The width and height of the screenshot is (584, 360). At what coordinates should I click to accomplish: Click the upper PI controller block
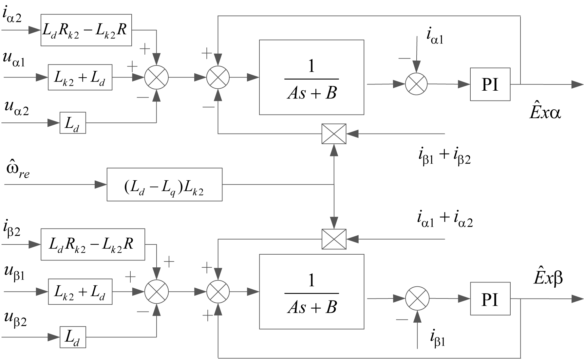pyautogui.click(x=490, y=84)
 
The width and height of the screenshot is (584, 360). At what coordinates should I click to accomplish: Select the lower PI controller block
pyautogui.click(x=490, y=298)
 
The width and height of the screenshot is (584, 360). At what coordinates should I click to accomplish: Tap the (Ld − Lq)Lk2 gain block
pyautogui.click(x=164, y=184)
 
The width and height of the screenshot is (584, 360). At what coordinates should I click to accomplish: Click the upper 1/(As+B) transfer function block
pyautogui.click(x=311, y=77)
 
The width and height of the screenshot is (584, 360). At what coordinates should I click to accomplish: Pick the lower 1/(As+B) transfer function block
pyautogui.click(x=311, y=292)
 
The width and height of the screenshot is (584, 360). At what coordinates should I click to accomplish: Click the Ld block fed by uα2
pyautogui.click(x=73, y=123)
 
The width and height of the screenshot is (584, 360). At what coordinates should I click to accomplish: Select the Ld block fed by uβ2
pyautogui.click(x=73, y=337)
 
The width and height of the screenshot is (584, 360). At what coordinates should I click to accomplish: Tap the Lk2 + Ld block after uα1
pyautogui.click(x=80, y=77)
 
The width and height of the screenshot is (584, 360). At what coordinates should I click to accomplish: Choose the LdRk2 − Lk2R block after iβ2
pyautogui.click(x=93, y=244)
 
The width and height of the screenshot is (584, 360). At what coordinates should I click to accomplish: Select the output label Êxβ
pyautogui.click(x=547, y=278)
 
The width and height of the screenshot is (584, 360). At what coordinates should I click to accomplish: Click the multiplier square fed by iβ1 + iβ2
pyautogui.click(x=334, y=134)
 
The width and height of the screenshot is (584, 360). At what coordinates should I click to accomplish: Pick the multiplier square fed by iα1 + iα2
pyautogui.click(x=334, y=239)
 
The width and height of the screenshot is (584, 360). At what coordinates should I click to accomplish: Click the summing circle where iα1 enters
pyautogui.click(x=416, y=84)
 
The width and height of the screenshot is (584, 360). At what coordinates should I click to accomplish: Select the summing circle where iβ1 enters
pyautogui.click(x=417, y=298)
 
